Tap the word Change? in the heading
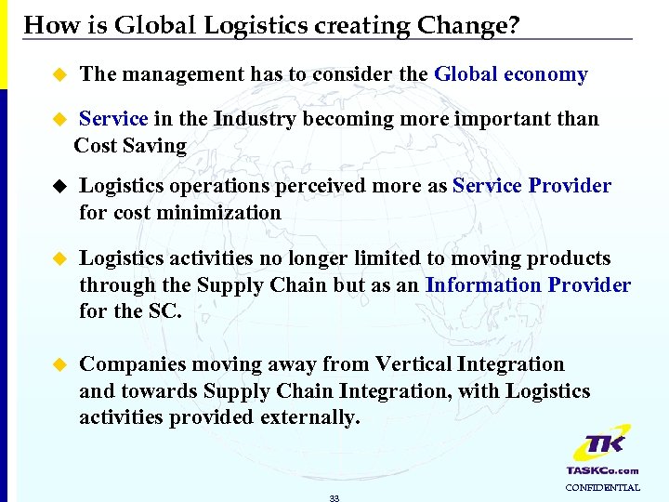point(473,24)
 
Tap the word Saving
point(155,146)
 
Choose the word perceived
point(313,186)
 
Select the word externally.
point(306,418)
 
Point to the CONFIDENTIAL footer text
point(602,487)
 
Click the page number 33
point(334,498)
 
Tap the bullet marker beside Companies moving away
point(61,364)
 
